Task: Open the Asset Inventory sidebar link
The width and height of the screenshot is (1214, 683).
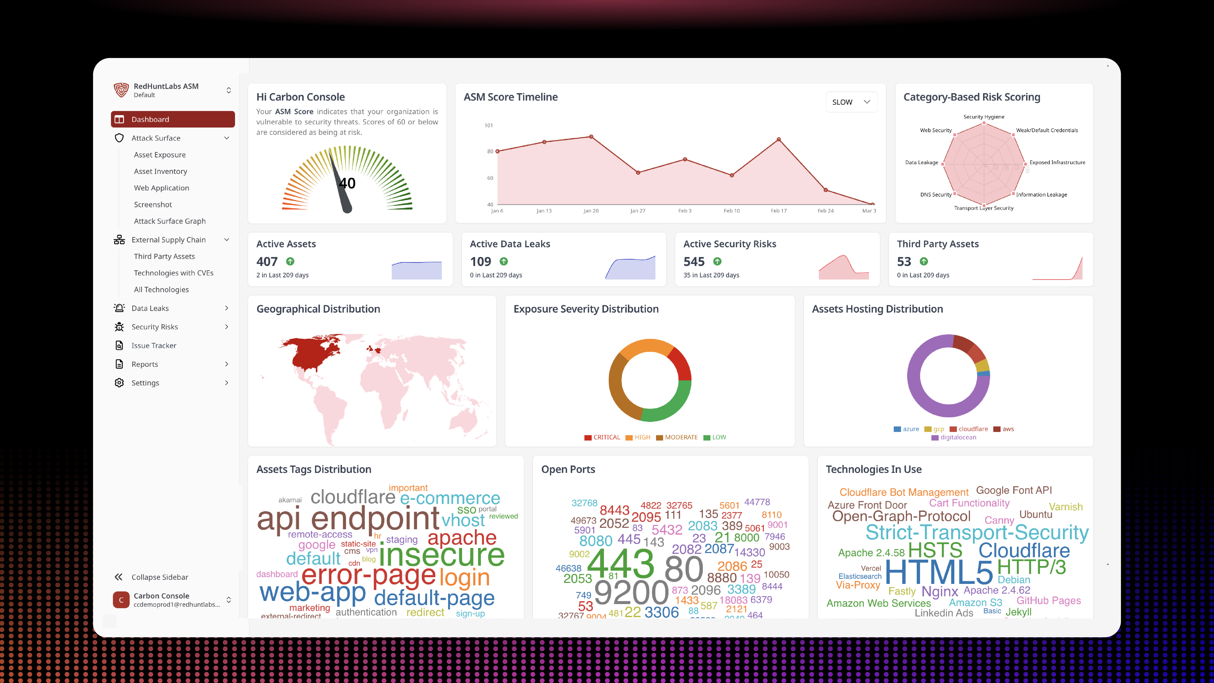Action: point(160,171)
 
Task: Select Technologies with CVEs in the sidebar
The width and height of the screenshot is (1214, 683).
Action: point(173,273)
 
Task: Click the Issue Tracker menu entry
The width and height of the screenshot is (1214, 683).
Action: point(154,345)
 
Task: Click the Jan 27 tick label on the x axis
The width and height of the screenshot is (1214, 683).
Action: point(638,211)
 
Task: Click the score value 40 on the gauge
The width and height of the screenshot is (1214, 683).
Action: point(347,183)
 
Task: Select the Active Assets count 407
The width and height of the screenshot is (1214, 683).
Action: point(267,262)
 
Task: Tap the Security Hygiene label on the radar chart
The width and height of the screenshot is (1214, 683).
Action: point(984,117)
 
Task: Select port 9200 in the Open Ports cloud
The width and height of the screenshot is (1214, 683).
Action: point(631,592)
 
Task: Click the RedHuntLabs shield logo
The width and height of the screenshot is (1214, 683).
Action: point(121,90)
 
